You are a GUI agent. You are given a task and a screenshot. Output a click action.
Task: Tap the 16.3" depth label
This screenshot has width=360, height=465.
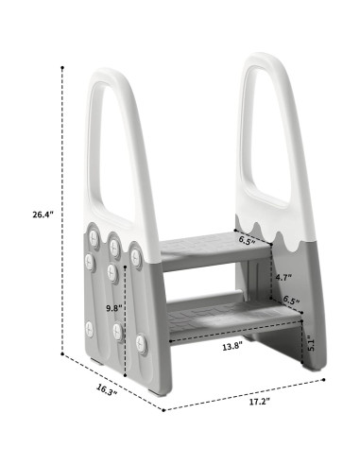106,389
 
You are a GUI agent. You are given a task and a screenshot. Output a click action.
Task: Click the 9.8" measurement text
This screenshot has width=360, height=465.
112,307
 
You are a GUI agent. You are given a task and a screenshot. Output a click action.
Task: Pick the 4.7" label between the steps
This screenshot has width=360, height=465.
283,278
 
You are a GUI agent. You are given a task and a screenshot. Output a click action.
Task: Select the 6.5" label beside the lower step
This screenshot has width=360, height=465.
292,301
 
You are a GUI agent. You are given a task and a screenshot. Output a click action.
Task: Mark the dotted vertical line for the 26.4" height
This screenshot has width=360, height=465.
64,208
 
